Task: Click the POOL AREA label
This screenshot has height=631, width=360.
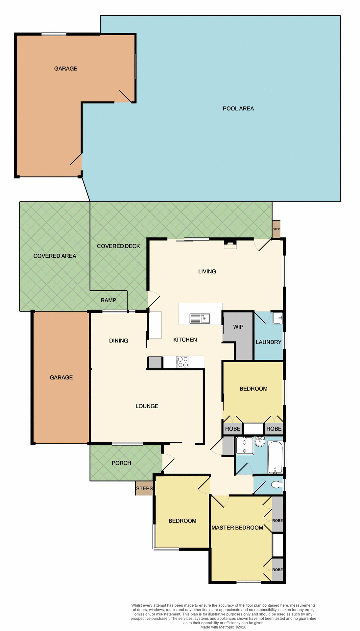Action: point(238,108)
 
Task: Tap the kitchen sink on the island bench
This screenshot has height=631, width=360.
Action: point(200,318)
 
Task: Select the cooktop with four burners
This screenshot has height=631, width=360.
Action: point(183,362)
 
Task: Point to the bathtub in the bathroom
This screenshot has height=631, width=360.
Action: point(275,457)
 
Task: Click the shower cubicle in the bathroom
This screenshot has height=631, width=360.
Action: point(245,446)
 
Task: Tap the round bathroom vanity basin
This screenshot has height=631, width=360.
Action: point(260,441)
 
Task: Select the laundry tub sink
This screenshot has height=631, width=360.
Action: point(277,318)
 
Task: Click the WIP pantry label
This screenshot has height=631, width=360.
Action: point(238,327)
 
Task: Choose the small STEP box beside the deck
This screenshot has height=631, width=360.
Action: point(276,229)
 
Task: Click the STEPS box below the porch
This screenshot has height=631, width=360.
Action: point(144,488)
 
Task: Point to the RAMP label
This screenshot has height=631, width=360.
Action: point(108,300)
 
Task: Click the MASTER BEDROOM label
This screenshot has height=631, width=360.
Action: point(237,527)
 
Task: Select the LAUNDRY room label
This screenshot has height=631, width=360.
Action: point(268,342)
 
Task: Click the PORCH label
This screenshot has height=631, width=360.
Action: point(121,463)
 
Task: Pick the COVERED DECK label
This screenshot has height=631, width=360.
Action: point(118,246)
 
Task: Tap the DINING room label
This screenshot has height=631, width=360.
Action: point(118,340)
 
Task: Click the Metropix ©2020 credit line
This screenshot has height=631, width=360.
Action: point(223,627)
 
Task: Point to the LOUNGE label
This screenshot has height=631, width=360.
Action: point(147,406)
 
